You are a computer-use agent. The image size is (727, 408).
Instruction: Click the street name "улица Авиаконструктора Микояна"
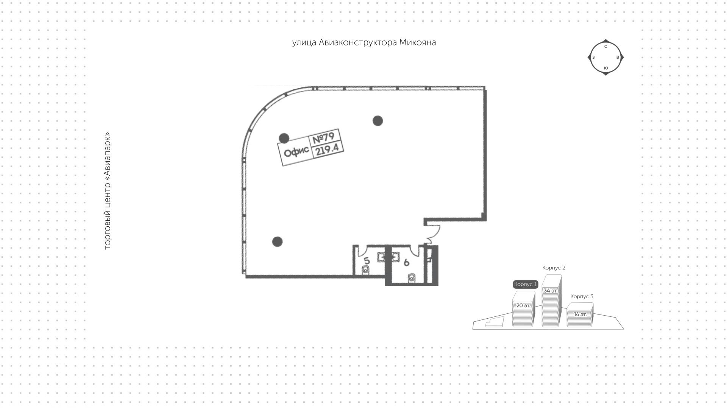(x=364, y=42)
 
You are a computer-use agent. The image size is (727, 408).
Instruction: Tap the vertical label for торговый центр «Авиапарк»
(x=108, y=191)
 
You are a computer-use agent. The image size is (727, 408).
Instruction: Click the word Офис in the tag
(x=296, y=154)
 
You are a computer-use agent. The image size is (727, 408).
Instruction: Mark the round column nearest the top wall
(x=378, y=121)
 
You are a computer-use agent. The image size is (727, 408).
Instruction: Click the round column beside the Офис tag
(x=284, y=138)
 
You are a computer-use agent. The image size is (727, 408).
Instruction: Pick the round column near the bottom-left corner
(x=277, y=241)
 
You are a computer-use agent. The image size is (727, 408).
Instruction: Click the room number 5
(x=367, y=261)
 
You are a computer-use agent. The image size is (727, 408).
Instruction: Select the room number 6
(x=406, y=262)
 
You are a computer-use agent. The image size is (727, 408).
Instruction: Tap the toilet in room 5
(x=365, y=270)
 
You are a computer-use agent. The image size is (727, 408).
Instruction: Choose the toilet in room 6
(x=412, y=278)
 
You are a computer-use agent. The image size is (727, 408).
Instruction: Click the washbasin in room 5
(x=381, y=258)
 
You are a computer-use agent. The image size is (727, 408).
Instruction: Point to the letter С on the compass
(x=605, y=47)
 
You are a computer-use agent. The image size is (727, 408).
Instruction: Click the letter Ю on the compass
(x=606, y=68)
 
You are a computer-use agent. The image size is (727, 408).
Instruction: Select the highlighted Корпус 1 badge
(x=526, y=284)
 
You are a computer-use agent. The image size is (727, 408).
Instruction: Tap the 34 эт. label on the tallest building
(x=551, y=291)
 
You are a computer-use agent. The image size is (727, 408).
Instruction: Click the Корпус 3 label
(x=582, y=296)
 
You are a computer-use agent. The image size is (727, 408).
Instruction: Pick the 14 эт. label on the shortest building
(x=580, y=315)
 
